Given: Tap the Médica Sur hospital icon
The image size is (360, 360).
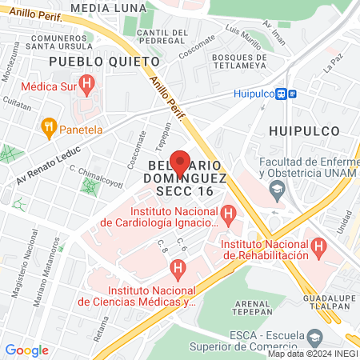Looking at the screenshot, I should [x=87, y=82].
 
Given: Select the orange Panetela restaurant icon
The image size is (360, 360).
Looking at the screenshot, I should [x=49, y=126].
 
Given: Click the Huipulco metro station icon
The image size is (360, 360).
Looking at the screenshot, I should [x=283, y=94].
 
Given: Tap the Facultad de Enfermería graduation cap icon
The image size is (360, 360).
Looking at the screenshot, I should [x=278, y=190].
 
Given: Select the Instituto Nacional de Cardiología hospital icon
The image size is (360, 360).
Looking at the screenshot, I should [x=229, y=214].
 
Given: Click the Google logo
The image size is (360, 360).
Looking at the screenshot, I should [x=26, y=350].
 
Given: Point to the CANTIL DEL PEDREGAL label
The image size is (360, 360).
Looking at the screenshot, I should [x=162, y=37].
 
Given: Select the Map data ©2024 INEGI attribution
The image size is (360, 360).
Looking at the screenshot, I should [x=313, y=354].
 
